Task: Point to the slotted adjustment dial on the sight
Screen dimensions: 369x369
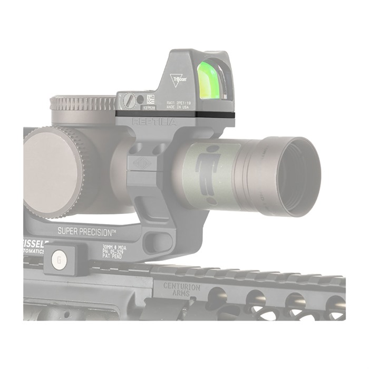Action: pos(129,100)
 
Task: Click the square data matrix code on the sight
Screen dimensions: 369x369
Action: pos(150,99)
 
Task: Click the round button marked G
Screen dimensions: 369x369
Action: pos(59,259)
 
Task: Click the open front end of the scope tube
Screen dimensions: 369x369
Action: pos(295,177)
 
